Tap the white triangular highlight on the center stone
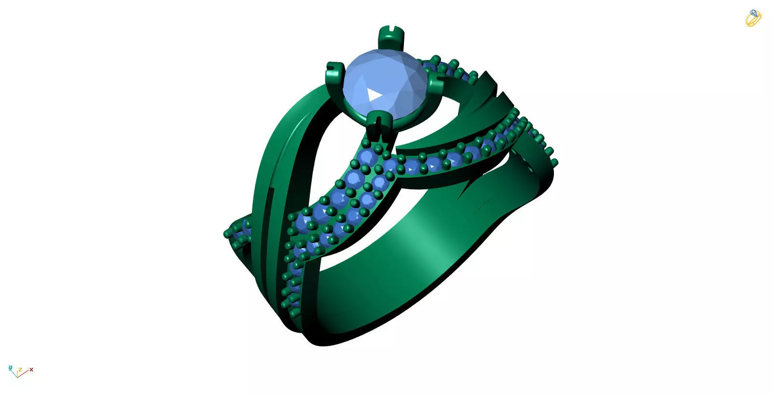(374, 94)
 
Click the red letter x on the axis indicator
(31, 370)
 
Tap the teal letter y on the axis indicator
(10, 368)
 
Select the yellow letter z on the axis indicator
(20, 370)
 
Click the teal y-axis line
(14, 373)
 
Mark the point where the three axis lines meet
(17, 376)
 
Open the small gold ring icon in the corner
(753, 18)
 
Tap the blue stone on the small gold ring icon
(753, 13)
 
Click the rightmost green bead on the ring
(554, 162)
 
